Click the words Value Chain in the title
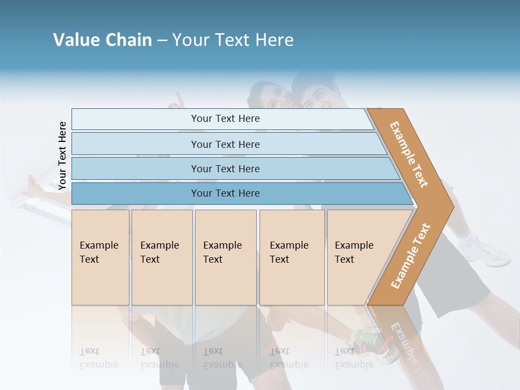(102, 40)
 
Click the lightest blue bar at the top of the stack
(225, 119)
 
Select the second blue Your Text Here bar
(225, 144)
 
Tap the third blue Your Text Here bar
(225, 168)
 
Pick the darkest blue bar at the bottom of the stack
(225, 193)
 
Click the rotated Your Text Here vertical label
(62, 156)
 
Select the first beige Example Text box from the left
(100, 257)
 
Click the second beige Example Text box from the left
(161, 257)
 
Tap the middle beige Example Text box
(225, 257)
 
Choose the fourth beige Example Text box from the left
(291, 257)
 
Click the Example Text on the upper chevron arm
(409, 154)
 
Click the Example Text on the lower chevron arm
(411, 256)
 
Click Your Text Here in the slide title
(233, 40)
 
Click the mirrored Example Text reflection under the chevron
(404, 341)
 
